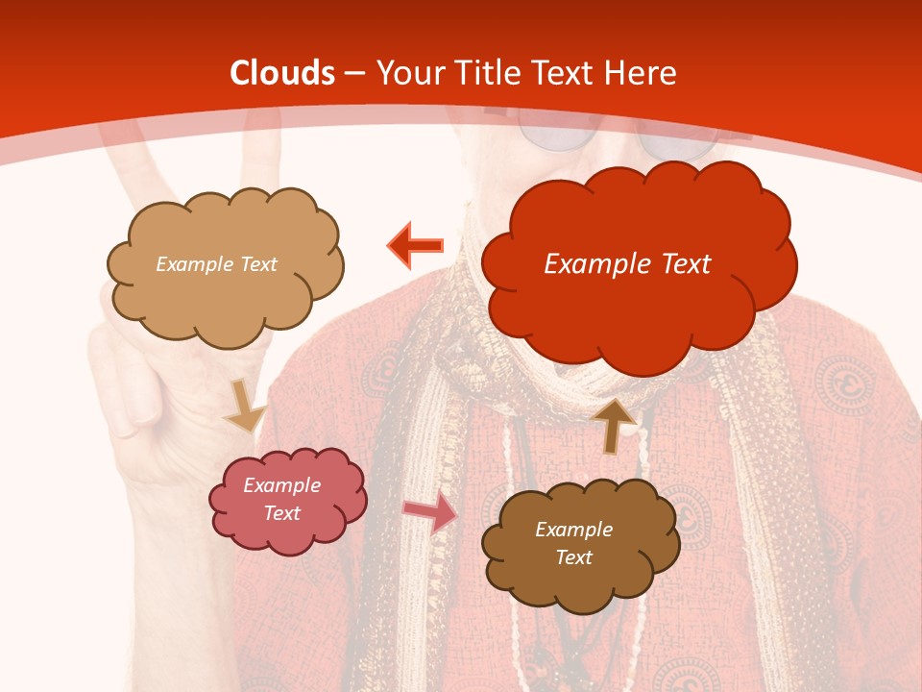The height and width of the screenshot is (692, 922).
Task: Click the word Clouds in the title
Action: coord(282,73)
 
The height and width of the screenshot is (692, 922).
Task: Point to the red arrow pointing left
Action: coord(415,246)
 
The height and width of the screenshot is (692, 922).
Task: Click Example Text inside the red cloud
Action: coord(627,264)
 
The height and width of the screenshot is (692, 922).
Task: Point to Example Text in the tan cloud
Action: coord(216,264)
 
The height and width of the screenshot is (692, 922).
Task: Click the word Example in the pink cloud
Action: coord(281,485)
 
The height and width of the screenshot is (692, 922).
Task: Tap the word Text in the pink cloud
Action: coord(281,513)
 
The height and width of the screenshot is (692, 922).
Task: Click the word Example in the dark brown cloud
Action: coord(573,530)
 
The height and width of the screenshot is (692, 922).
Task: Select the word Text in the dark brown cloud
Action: coord(573,557)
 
